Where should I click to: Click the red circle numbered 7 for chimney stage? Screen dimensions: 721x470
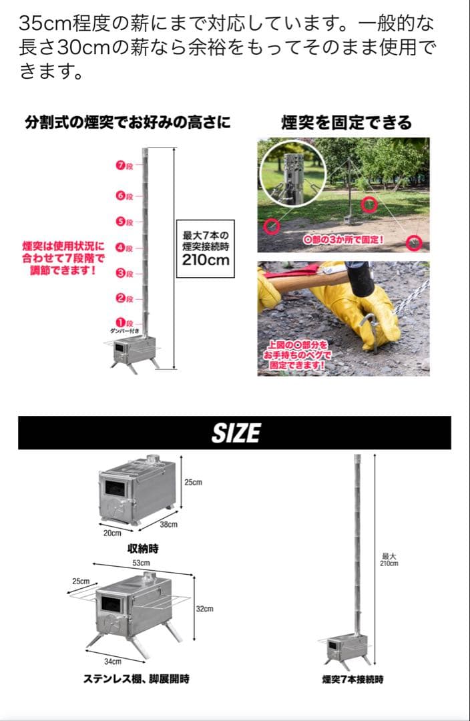pos(120,167)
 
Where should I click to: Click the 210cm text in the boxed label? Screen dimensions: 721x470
pos(206,258)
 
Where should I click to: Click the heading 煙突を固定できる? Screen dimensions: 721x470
pos(346,122)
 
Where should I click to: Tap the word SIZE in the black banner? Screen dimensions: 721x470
pos(235,433)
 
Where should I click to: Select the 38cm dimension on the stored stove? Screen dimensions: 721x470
pos(168,525)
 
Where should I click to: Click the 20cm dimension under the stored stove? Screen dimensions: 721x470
pos(112,533)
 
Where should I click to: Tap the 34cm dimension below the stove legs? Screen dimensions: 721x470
pos(112,661)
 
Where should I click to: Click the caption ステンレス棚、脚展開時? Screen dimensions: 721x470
pos(136,679)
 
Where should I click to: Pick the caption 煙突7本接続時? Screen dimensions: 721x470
pos(352,679)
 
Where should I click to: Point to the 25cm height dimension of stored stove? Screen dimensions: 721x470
pos(193,482)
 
